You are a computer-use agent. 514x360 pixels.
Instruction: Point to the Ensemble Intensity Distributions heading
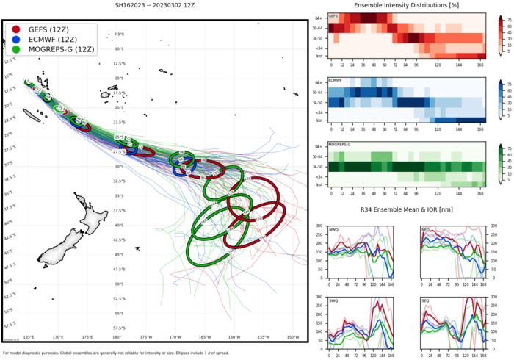(408, 6)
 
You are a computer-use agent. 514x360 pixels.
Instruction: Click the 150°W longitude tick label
(292, 337)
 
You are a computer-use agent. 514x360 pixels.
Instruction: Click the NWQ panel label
(335, 229)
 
